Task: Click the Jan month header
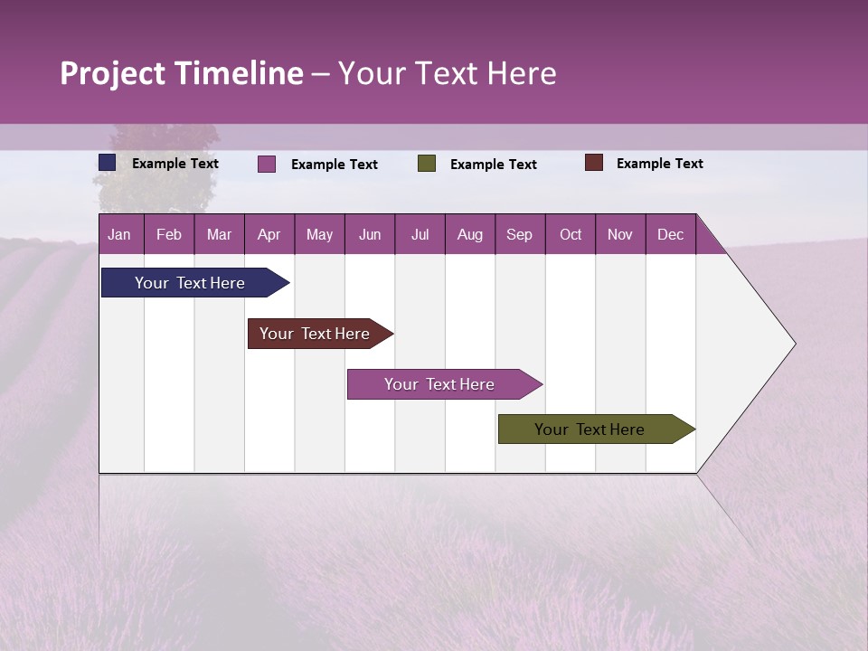119,235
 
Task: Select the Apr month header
269,235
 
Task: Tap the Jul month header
420,235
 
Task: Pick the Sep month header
519,235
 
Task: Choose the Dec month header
670,235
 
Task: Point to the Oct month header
571,235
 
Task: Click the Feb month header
169,235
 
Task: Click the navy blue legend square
108,163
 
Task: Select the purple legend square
267,164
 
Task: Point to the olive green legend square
427,164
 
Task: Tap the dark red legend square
593,163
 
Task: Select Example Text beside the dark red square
659,164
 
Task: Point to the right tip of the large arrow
794,344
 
